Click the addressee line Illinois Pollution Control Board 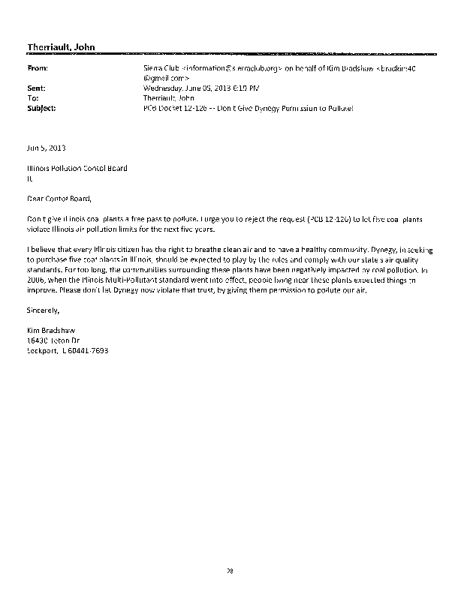[x=77, y=168]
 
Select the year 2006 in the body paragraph [x=35, y=278]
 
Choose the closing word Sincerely [x=42, y=308]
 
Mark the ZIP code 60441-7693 [x=92, y=349]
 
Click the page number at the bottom [x=231, y=571]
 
